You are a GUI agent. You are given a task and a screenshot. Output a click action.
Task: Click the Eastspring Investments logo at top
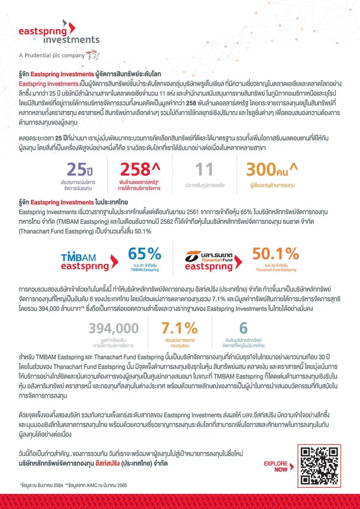pyautogui.click(x=59, y=33)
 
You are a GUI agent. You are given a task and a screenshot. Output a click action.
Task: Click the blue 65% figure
pyautogui.click(x=145, y=254)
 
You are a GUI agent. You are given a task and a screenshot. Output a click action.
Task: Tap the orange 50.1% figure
pyautogui.click(x=276, y=254)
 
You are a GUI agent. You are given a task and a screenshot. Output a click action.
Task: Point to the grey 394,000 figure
pyautogui.click(x=114, y=328)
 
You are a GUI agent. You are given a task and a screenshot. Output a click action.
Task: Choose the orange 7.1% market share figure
pyautogui.click(x=179, y=328)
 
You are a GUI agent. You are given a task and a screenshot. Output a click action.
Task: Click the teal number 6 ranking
pyautogui.click(x=243, y=328)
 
